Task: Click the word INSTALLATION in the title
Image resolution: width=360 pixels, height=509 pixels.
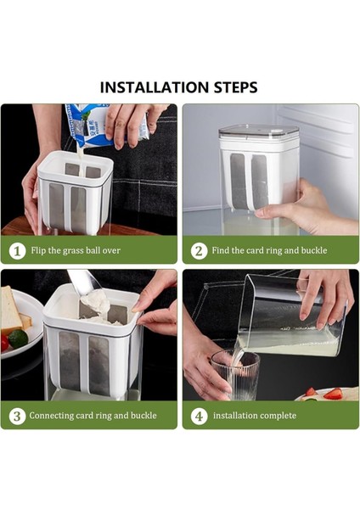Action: click(154, 87)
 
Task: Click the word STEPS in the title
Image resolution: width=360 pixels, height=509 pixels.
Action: click(235, 87)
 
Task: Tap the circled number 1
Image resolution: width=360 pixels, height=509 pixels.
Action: click(17, 251)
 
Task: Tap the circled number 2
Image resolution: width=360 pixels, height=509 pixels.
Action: click(199, 251)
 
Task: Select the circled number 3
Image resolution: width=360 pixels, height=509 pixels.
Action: click(17, 417)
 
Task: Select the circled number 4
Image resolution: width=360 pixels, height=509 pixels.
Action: click(199, 417)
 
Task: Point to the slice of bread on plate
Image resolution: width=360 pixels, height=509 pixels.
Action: click(11, 310)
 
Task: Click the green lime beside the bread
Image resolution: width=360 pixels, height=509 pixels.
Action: click(18, 338)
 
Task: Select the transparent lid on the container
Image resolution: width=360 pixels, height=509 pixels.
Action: click(259, 131)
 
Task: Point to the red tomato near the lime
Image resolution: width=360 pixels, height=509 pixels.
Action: click(4, 343)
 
